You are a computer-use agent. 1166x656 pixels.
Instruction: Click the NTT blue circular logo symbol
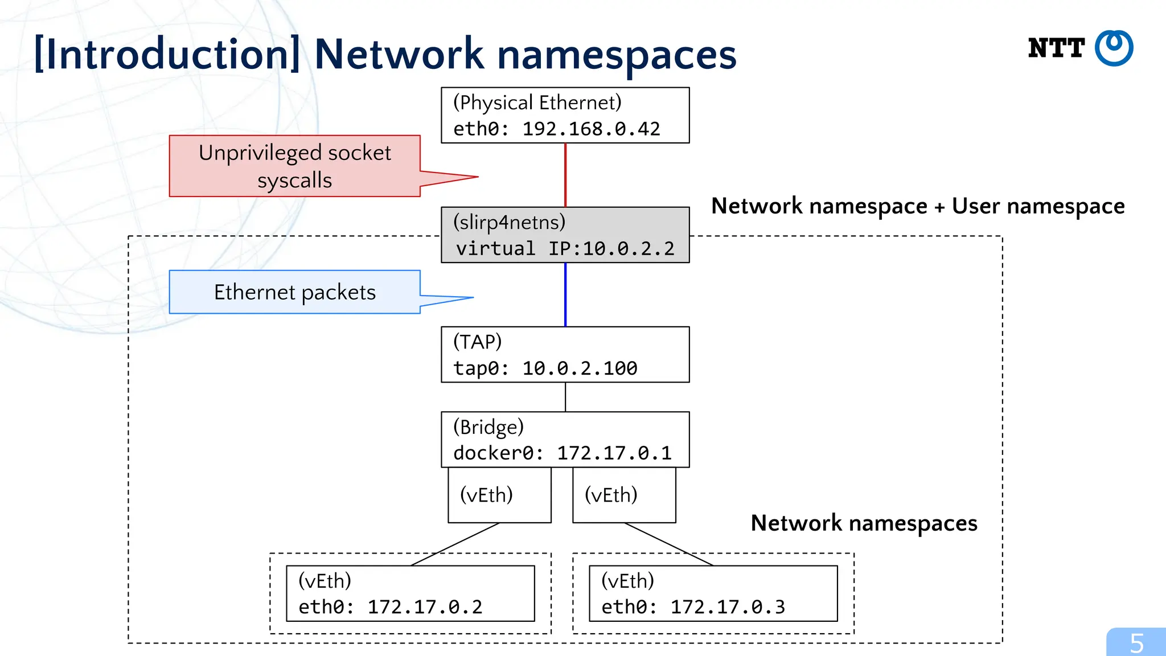[1114, 48]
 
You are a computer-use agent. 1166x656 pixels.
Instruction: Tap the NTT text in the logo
[1056, 48]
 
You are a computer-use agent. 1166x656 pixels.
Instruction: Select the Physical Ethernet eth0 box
[565, 115]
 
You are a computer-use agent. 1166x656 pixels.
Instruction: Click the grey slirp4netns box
[565, 235]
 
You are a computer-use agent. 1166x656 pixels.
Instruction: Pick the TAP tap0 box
[565, 354]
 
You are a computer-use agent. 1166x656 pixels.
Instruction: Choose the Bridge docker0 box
[565, 440]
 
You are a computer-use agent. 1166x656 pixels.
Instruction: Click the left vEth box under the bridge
[499, 495]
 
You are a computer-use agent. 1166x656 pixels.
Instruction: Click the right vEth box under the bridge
[624, 495]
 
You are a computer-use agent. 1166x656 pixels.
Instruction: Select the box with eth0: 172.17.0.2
[410, 593]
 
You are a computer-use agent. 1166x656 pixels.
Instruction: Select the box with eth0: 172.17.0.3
[713, 593]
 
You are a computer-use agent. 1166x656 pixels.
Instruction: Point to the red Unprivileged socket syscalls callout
[294, 166]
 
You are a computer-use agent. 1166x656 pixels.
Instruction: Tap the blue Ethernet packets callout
[294, 292]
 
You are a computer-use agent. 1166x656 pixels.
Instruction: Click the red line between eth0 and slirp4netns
[565, 175]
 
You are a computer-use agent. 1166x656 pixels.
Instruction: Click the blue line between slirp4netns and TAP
[565, 294]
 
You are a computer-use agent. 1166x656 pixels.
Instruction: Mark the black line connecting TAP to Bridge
[565, 397]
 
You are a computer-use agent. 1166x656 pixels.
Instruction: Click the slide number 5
[1136, 643]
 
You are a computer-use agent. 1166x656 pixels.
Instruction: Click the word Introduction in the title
[167, 54]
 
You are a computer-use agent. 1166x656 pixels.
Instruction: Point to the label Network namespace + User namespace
[918, 206]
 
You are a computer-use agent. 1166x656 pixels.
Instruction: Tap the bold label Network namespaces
[864, 523]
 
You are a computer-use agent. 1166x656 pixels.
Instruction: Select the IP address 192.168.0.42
[591, 129]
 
